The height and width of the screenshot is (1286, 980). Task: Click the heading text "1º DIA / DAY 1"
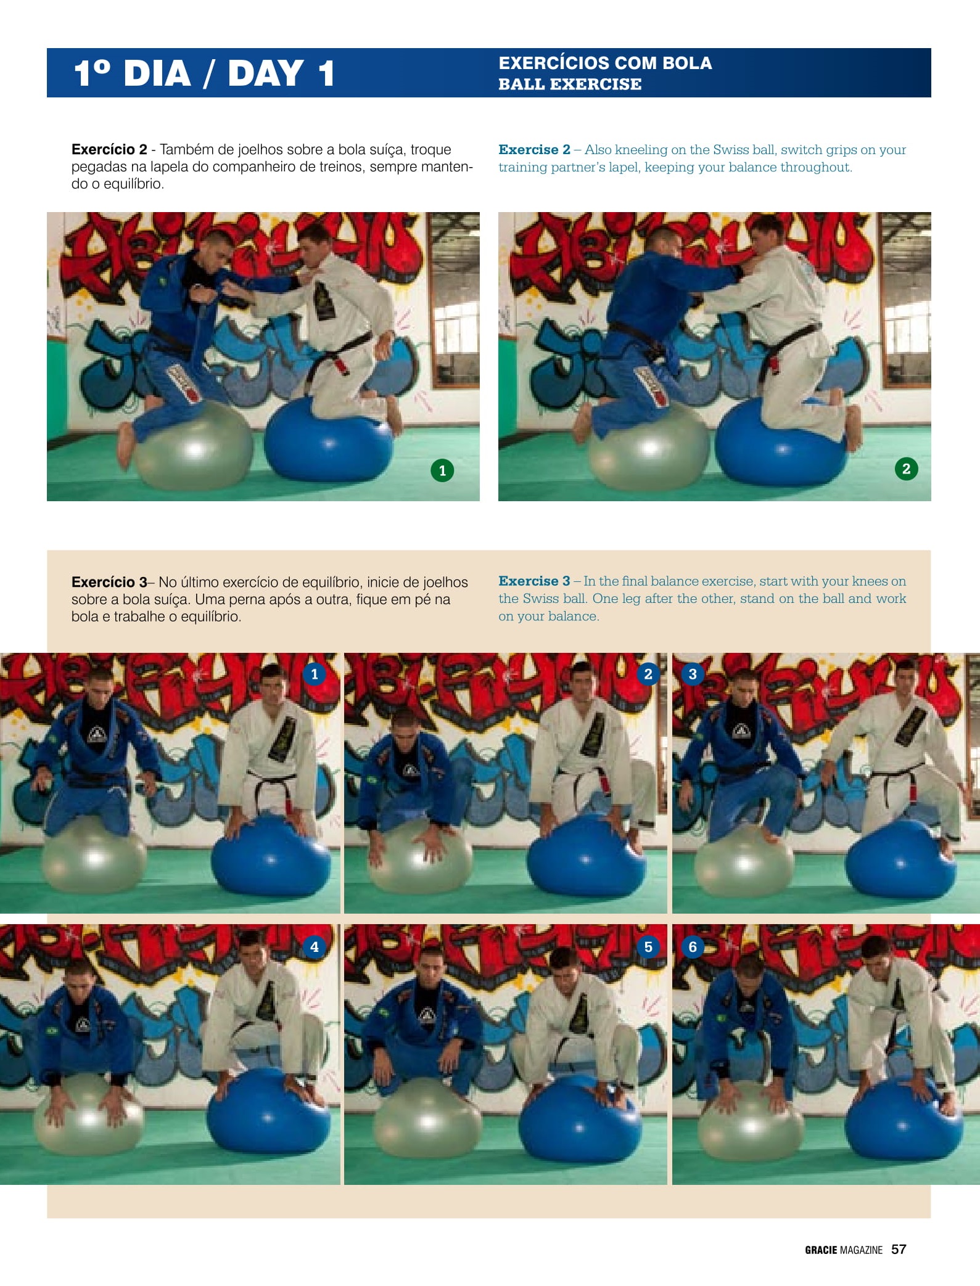click(204, 73)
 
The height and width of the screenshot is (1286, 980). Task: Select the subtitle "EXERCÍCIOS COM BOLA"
click(605, 63)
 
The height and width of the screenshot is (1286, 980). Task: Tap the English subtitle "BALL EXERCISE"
click(570, 84)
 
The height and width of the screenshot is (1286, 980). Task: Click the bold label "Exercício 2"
click(109, 149)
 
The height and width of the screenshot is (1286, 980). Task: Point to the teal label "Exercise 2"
click(534, 149)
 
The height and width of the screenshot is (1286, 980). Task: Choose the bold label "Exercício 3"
click(109, 582)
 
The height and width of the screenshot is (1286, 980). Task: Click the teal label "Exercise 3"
click(534, 581)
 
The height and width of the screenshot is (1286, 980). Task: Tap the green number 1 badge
click(442, 470)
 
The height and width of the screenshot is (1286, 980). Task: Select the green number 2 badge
click(906, 469)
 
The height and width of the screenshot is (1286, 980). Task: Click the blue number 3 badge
click(692, 674)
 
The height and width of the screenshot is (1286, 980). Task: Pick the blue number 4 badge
click(315, 946)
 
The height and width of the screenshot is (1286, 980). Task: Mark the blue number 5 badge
click(648, 946)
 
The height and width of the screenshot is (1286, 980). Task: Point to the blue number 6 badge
click(692, 946)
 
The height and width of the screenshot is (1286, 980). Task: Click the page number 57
click(899, 1249)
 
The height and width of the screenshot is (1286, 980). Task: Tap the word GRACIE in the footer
click(821, 1250)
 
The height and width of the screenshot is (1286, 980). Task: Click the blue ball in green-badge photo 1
click(329, 440)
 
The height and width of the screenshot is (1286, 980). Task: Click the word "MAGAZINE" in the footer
click(861, 1250)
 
